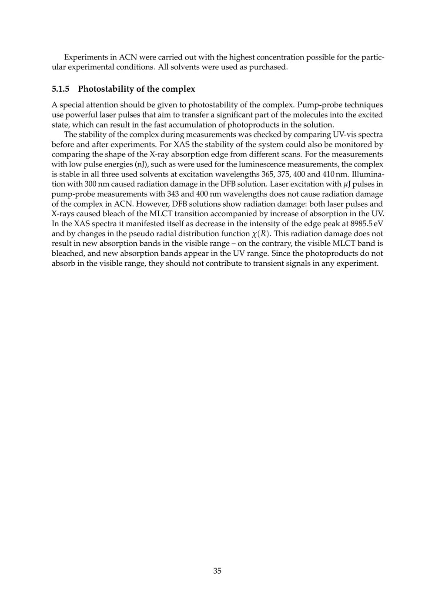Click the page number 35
point(217,571)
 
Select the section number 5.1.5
point(60,89)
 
